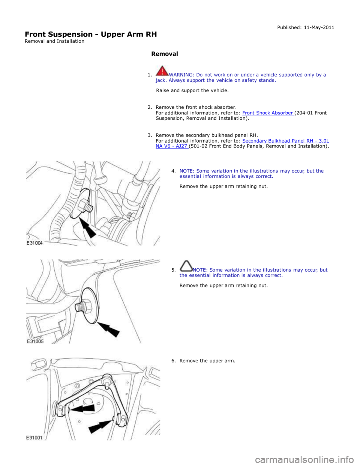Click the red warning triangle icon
[162, 71]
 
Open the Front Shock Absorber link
[268, 113]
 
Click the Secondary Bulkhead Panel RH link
[285, 141]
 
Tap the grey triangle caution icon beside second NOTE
[186, 266]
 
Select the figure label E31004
[35, 243]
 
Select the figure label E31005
[35, 341]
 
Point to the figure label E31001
[35, 437]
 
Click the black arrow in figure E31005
[110, 329]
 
